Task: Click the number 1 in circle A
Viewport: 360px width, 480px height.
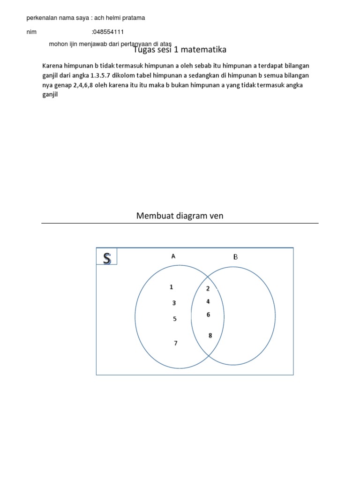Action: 172,287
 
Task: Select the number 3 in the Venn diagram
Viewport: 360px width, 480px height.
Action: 174,303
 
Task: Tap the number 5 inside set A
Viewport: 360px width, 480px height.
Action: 175,319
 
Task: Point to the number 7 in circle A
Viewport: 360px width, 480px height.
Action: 176,343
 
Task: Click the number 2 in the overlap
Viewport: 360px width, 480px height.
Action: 208,288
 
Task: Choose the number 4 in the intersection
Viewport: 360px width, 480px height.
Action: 208,301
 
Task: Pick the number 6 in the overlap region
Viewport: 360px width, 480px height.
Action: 208,315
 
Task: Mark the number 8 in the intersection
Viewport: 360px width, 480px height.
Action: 210,335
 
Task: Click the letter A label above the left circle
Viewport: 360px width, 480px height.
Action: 173,256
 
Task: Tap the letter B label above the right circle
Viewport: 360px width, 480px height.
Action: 236,256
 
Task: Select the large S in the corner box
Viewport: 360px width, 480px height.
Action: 107,258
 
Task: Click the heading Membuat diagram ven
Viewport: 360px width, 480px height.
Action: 180,216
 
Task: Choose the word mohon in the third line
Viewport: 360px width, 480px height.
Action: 58,44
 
